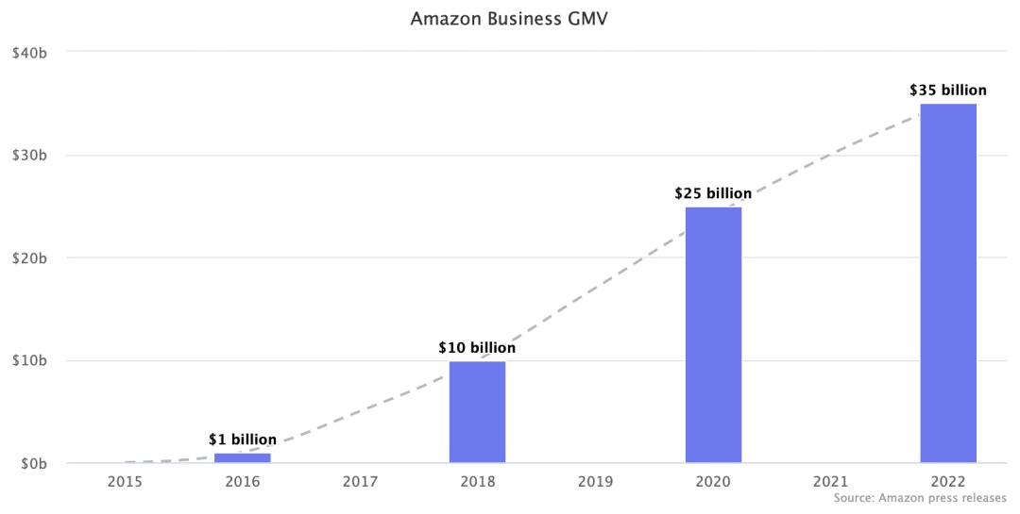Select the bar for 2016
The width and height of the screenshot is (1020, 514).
(242, 458)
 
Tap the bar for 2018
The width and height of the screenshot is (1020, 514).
(477, 412)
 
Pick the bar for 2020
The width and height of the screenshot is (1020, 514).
(713, 335)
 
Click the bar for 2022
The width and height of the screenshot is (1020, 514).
(948, 283)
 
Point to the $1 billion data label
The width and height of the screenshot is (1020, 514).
(243, 439)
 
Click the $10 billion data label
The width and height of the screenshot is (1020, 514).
(477, 348)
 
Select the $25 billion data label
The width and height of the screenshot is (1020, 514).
(713, 193)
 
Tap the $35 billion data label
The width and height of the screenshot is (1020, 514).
(948, 91)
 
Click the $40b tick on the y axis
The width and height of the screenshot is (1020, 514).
(30, 52)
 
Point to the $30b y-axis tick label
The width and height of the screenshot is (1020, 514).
(30, 155)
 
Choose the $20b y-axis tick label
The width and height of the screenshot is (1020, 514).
(30, 257)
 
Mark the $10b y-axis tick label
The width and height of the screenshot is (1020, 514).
(30, 360)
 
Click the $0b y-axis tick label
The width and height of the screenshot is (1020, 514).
(34, 464)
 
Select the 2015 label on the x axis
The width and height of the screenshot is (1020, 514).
(125, 482)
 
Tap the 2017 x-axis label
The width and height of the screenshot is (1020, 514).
(360, 482)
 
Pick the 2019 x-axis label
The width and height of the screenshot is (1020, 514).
(595, 482)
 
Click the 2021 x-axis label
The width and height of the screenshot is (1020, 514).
(830, 482)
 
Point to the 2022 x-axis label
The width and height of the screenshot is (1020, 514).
(948, 482)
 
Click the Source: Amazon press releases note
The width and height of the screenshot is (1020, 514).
(921, 497)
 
